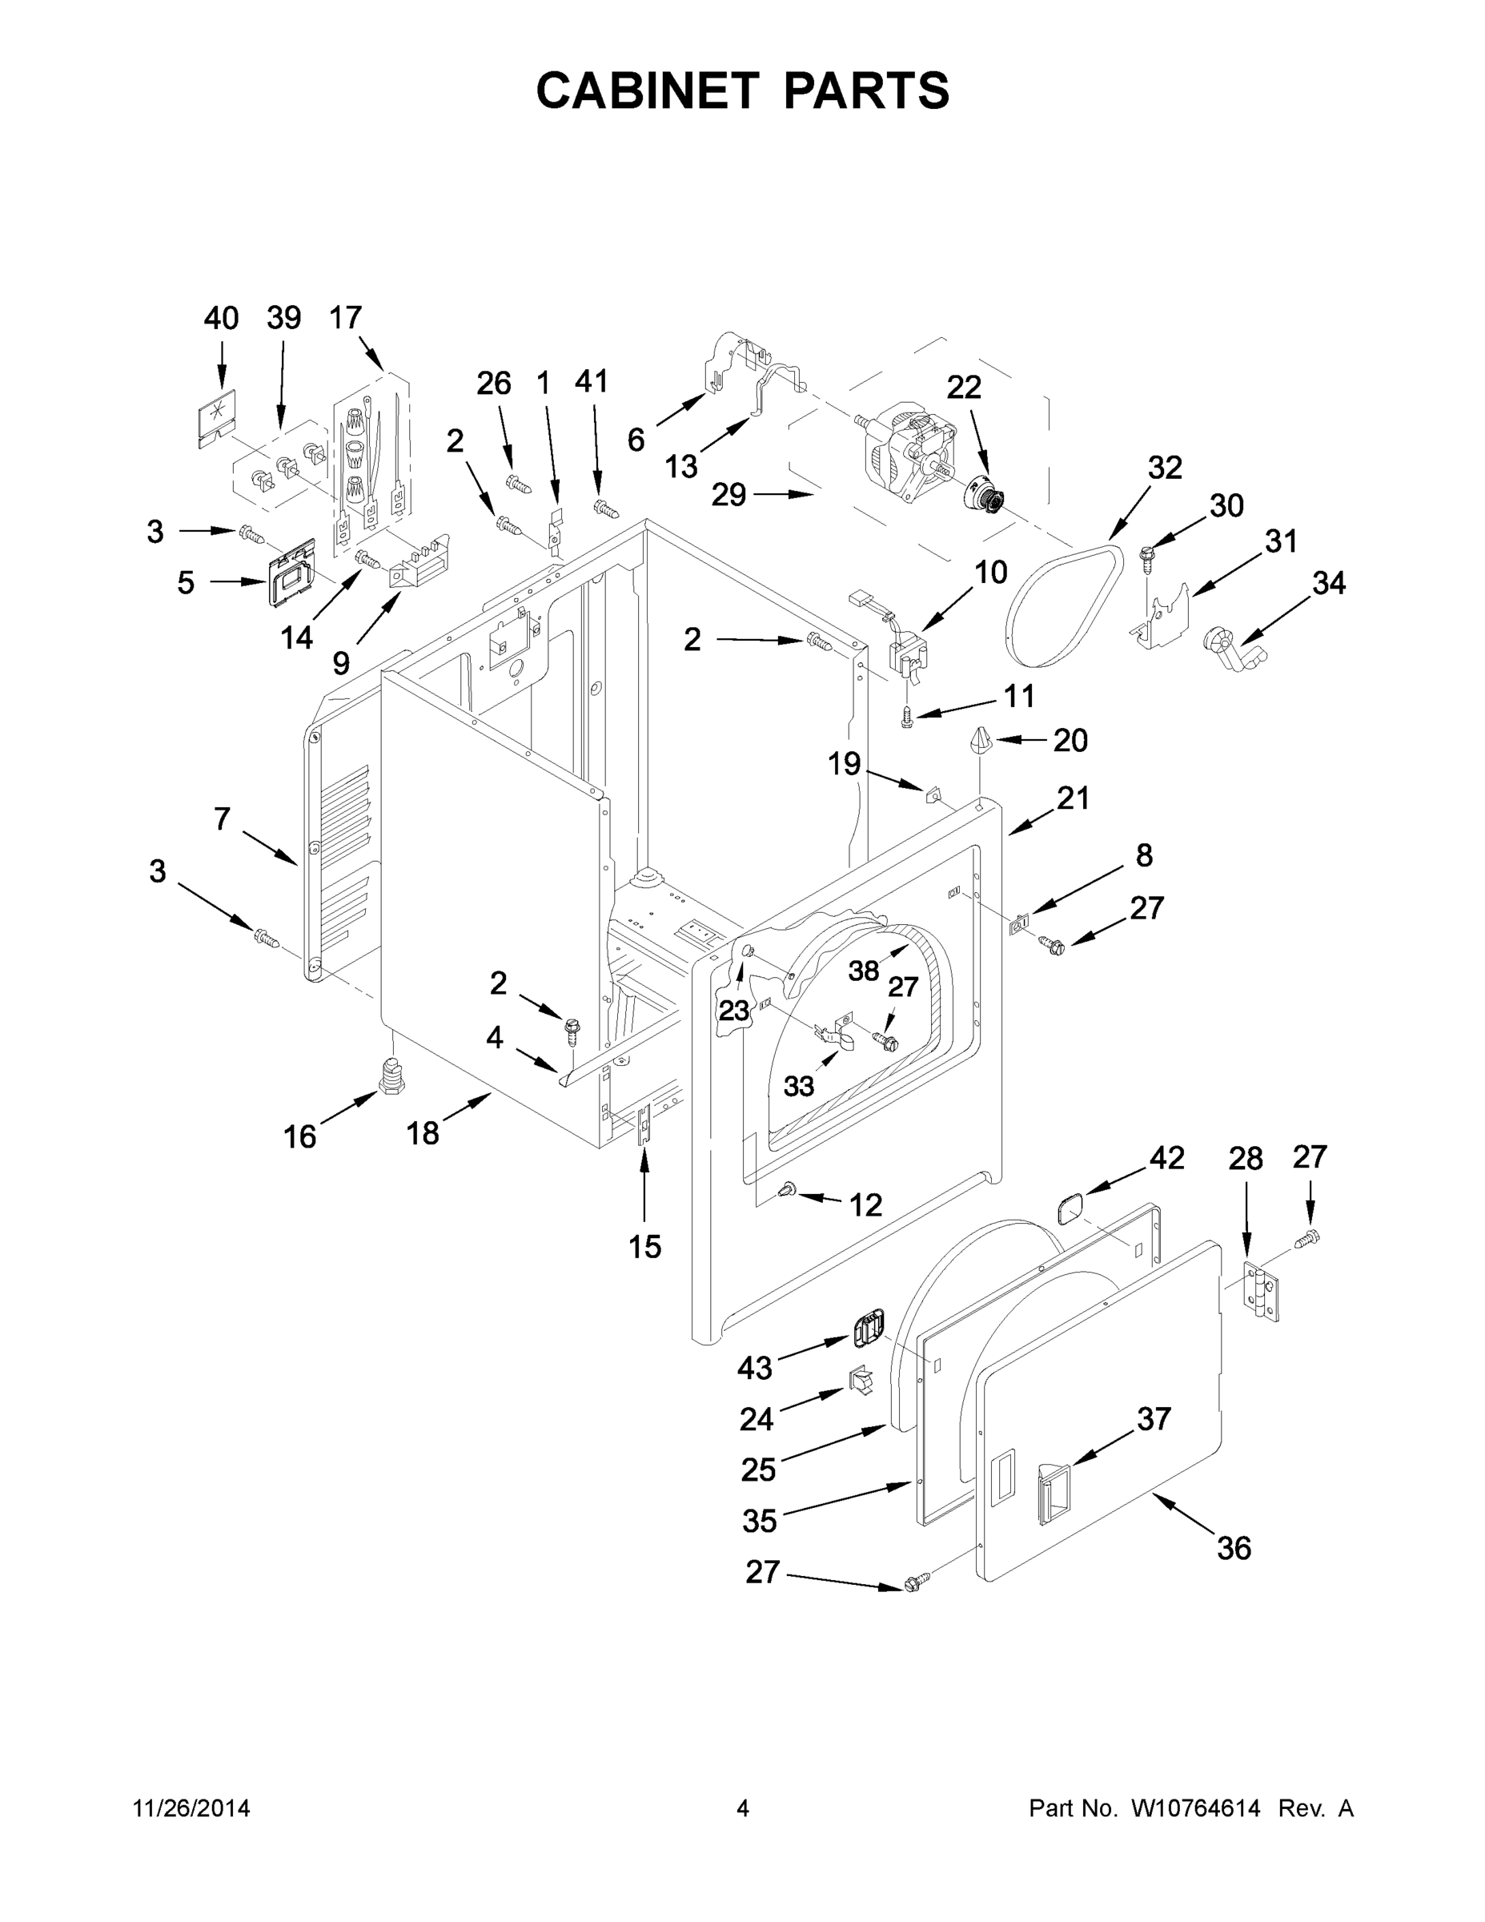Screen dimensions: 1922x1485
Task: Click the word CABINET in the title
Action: tap(647, 90)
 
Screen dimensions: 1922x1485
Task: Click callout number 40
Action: tap(221, 318)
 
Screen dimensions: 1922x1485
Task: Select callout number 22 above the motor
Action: tap(963, 388)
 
